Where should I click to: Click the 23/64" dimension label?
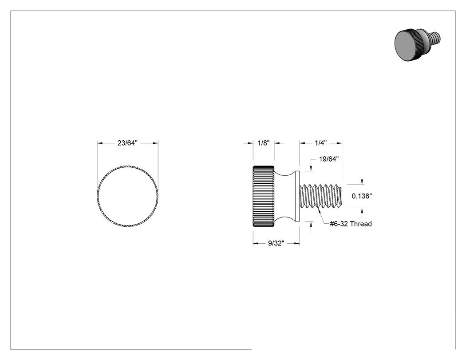coord(127,143)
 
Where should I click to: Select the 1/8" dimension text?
coord(263,143)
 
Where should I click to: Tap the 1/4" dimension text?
coord(321,143)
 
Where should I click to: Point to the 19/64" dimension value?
coord(329,159)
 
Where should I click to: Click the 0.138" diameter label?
coord(362,196)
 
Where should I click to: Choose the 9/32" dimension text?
coord(276,243)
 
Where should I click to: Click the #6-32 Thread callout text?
coord(351,224)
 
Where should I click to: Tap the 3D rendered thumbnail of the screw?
coord(418,44)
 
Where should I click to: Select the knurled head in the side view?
coord(263,196)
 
